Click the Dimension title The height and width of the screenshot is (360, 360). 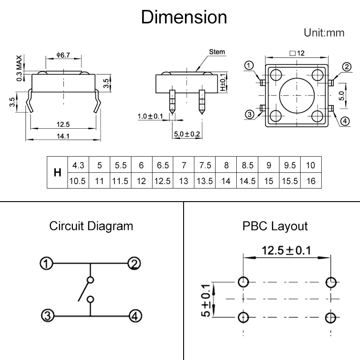[184, 18]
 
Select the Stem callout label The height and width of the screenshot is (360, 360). [217, 52]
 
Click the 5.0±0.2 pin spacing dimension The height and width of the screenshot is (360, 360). [186, 134]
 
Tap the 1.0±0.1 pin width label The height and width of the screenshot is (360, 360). [152, 117]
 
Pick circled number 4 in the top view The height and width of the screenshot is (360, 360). [344, 120]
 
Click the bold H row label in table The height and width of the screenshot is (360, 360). [57, 172]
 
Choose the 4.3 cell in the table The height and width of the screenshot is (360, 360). [78, 165]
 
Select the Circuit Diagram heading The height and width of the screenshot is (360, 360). [91, 225]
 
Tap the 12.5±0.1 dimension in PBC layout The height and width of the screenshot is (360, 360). [286, 250]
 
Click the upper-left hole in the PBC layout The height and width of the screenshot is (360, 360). [243, 283]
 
